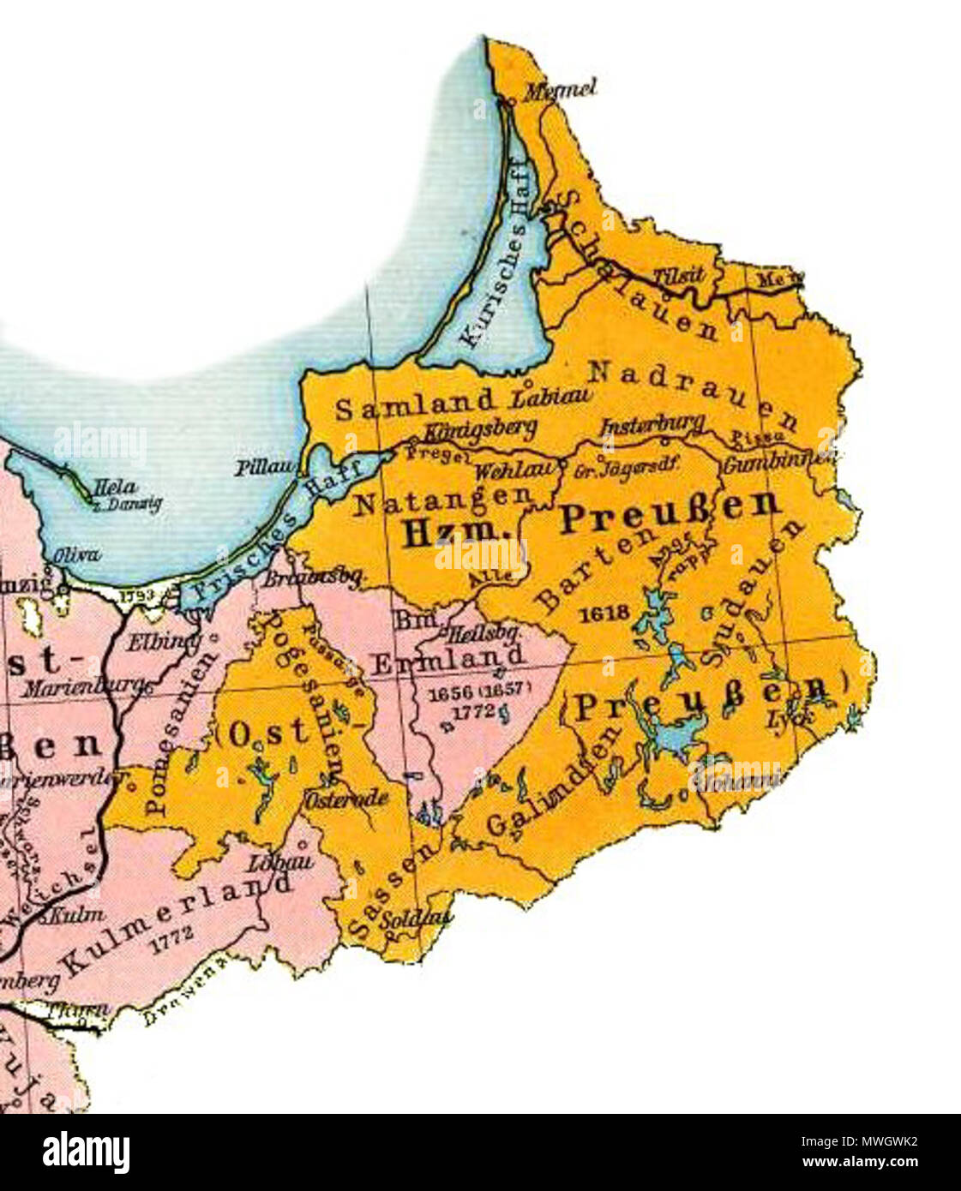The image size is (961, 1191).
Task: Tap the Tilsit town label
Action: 678,275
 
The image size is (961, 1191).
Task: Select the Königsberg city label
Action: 480,428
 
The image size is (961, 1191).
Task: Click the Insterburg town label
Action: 652,425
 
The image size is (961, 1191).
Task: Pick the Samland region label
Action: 415,404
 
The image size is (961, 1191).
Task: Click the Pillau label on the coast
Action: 266,468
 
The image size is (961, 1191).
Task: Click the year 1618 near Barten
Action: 604,613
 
